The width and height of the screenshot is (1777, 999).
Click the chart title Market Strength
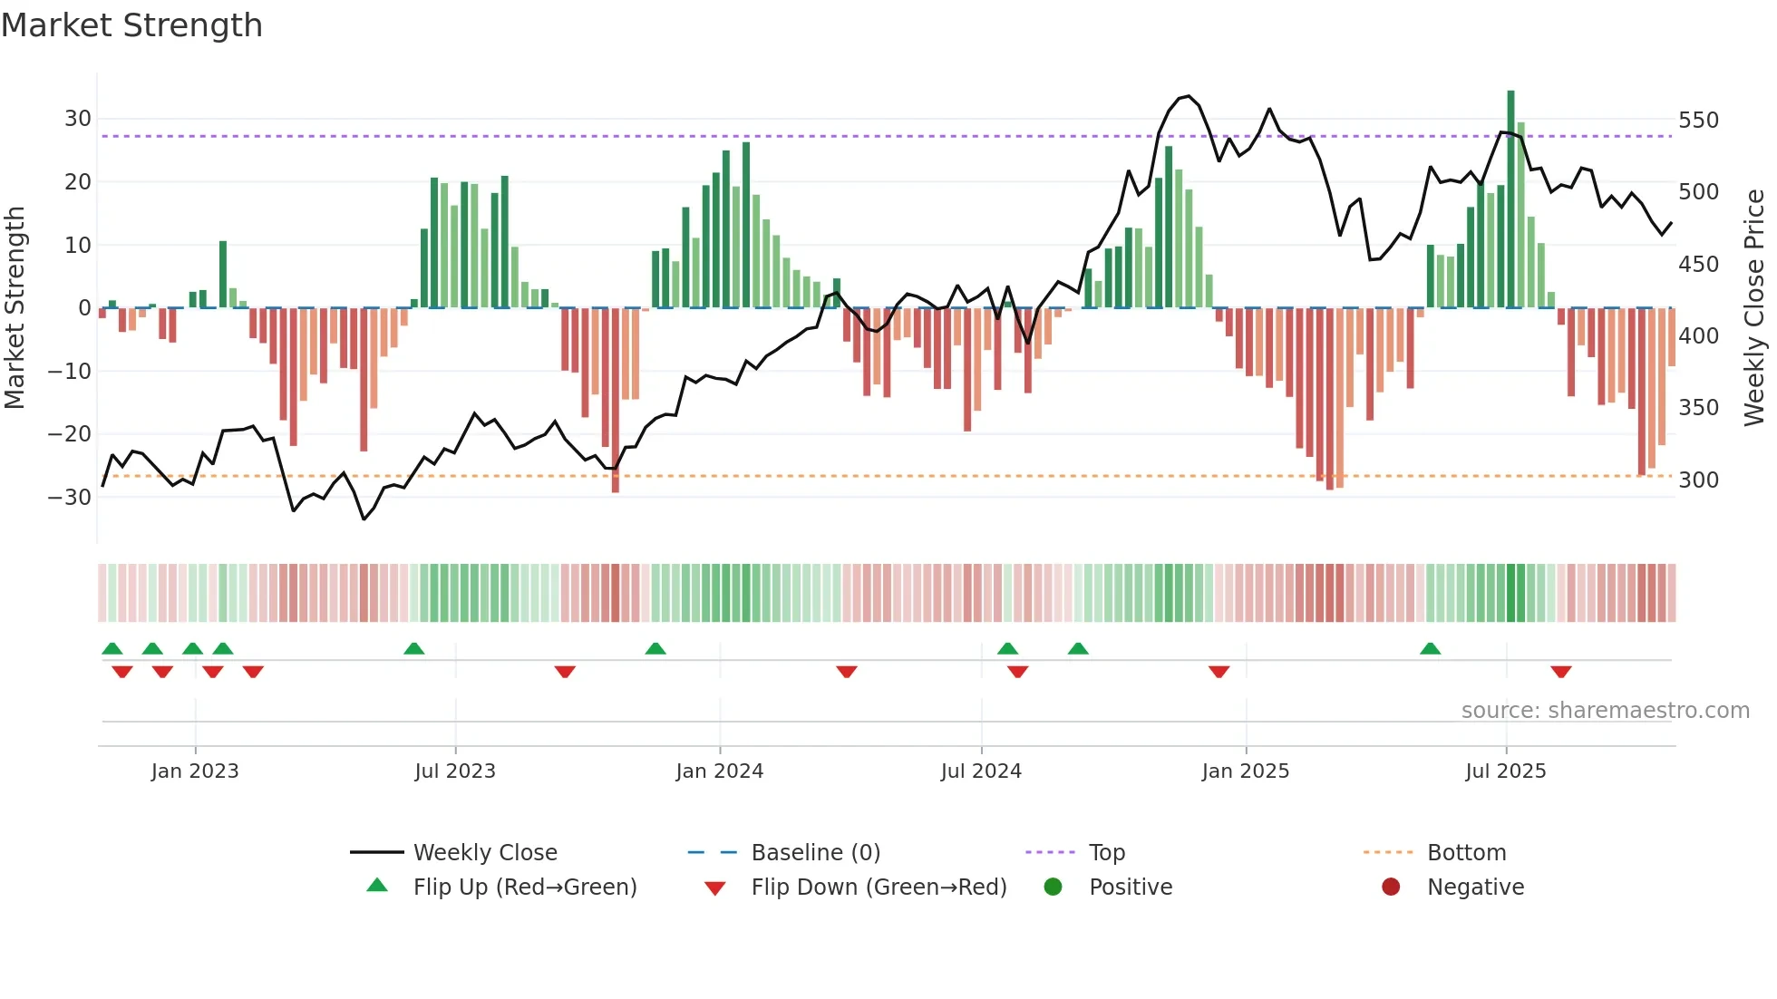[131, 25]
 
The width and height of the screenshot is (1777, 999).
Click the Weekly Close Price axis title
[1754, 308]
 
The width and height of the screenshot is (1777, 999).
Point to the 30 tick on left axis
[78, 119]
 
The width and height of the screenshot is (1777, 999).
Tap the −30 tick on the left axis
[70, 497]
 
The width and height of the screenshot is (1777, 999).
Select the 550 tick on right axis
[1698, 121]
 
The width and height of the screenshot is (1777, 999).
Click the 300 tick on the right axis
[1698, 480]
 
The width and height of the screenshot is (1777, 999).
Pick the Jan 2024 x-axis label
[719, 771]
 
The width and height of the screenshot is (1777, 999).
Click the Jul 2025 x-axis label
[1505, 771]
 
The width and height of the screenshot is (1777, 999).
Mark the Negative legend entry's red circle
[1390, 887]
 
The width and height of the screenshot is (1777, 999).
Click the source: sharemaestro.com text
[1605, 710]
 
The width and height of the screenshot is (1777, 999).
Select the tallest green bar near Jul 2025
[1510, 199]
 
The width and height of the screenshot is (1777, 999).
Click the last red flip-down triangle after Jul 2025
[1560, 672]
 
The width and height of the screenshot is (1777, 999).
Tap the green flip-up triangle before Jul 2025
[1430, 648]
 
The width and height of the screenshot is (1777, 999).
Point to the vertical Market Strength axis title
[15, 308]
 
